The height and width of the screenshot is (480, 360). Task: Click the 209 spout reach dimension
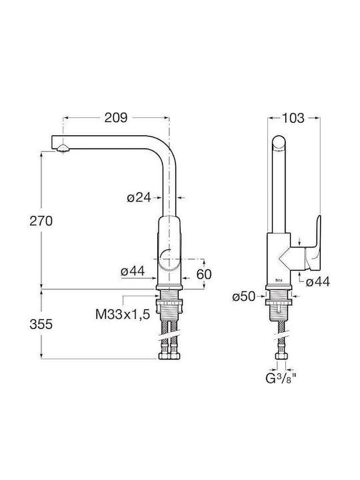pos(116,117)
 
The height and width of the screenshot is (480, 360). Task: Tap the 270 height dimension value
pos(41,221)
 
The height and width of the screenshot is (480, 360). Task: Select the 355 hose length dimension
pos(41,324)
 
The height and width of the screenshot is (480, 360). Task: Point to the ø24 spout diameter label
pos(139,198)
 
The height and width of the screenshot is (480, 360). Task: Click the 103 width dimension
pos(293,118)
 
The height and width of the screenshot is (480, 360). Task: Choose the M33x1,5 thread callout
pos(123,315)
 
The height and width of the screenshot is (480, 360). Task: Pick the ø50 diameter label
pos(244,296)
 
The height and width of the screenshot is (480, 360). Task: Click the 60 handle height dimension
pos(204,274)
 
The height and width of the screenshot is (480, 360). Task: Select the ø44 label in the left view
pos(133,271)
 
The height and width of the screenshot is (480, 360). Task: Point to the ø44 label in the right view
pos(318,281)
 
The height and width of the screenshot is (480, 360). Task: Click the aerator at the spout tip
pos(63,149)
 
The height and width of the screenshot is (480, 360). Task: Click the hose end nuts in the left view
pos(169,356)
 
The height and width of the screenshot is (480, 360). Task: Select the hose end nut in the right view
pos(281,356)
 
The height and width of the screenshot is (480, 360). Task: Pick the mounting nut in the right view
pos(279,302)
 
